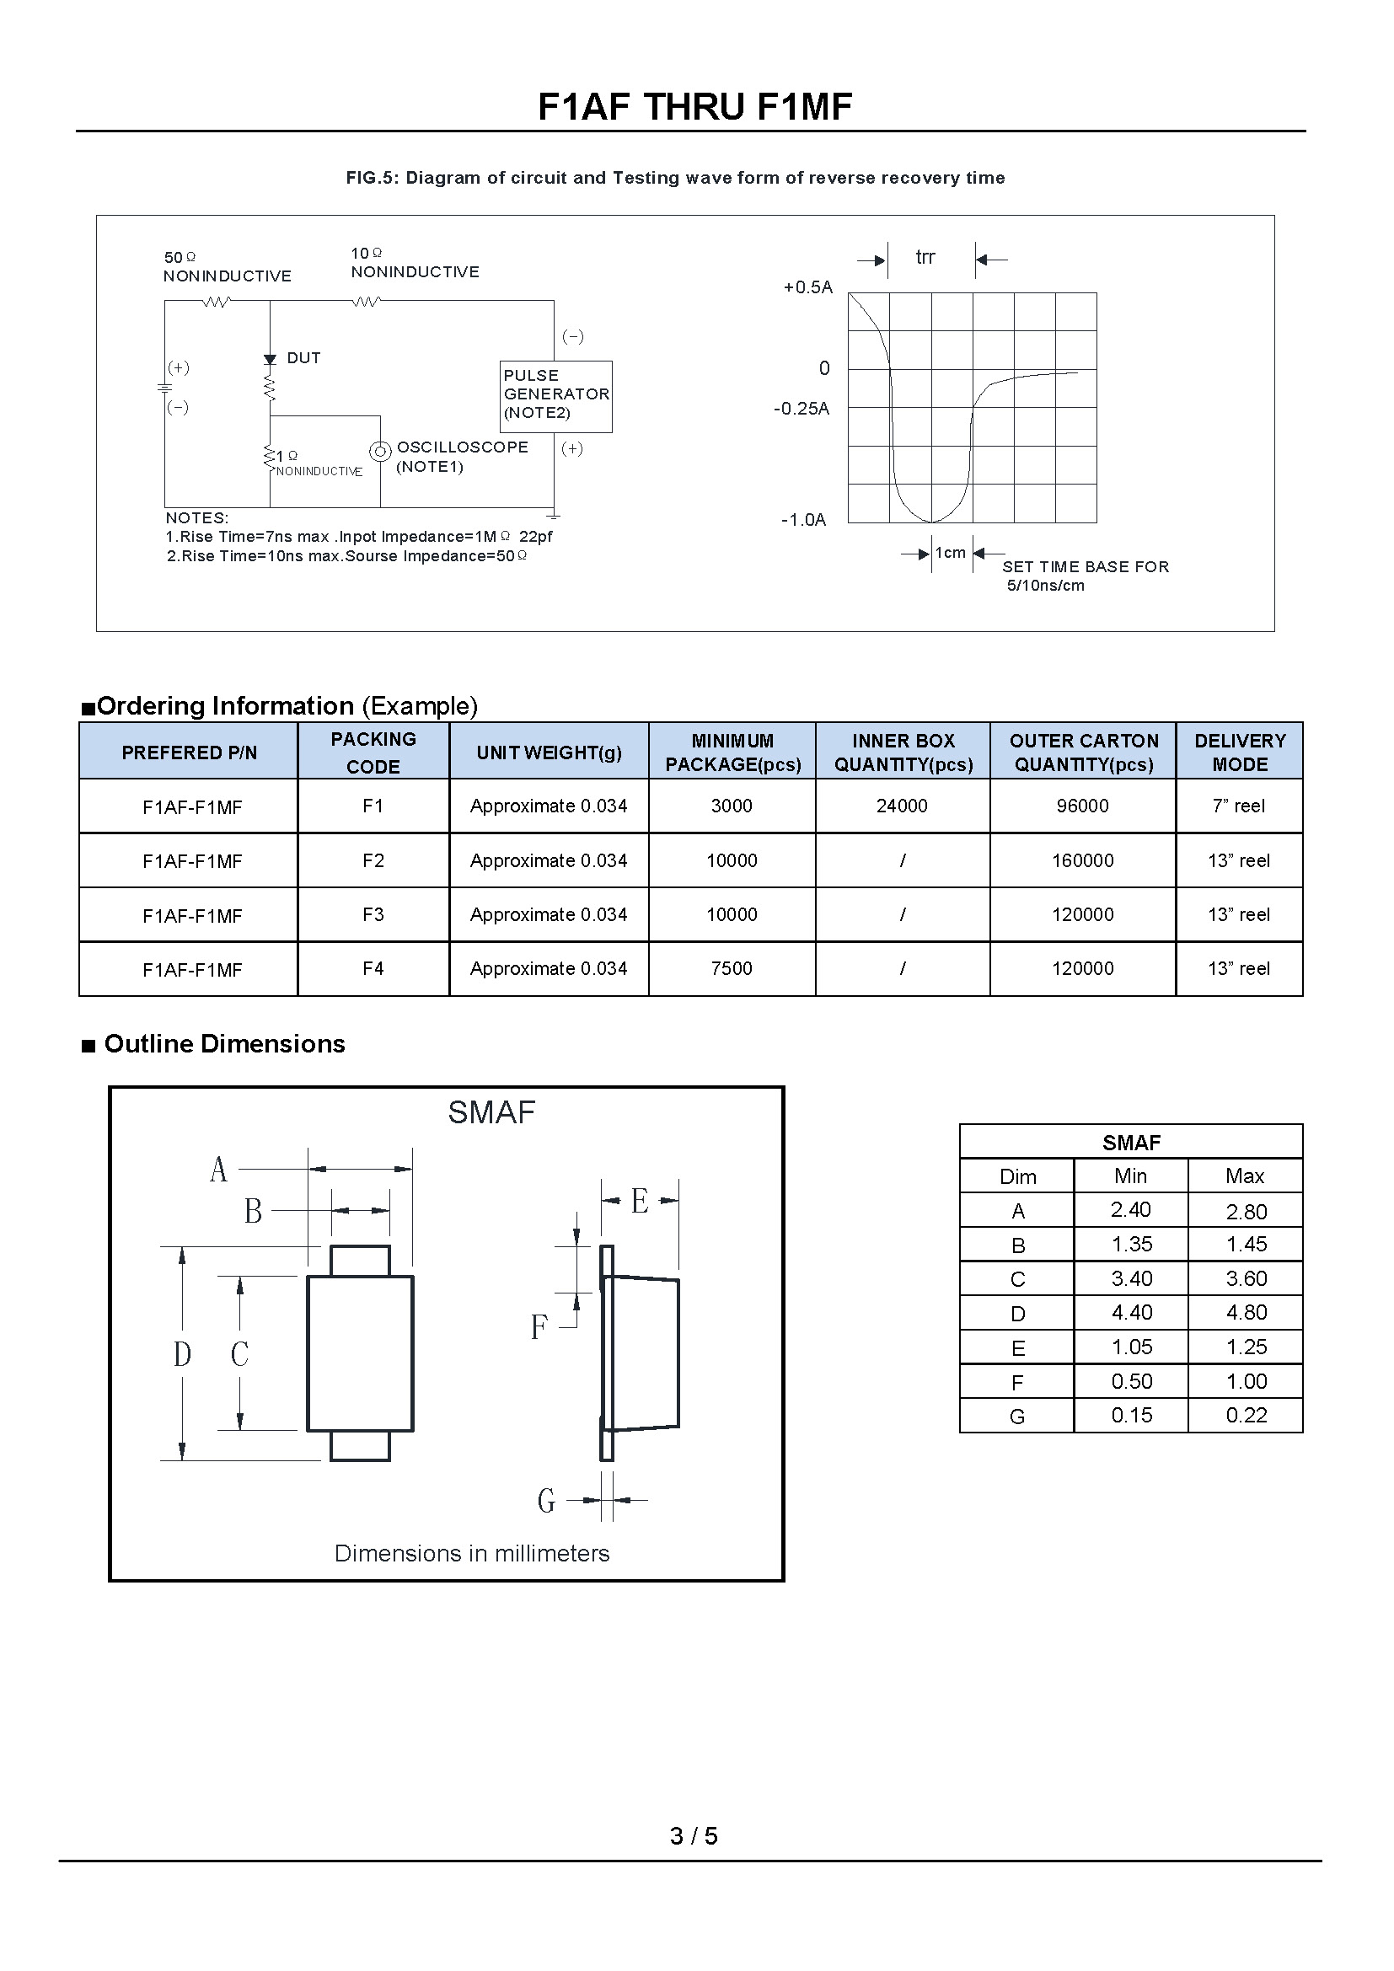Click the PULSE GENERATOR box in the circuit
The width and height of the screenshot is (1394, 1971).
tap(556, 396)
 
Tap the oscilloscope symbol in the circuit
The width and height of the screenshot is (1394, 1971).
tap(379, 451)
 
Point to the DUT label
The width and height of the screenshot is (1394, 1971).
tap(303, 358)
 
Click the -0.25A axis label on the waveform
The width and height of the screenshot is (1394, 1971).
tap(801, 409)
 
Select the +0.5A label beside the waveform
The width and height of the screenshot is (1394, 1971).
tap(807, 287)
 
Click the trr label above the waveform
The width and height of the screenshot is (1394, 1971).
tap(925, 257)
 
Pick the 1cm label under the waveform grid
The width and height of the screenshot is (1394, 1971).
tap(950, 553)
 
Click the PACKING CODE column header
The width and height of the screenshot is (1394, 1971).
tap(373, 752)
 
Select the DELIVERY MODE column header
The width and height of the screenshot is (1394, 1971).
tap(1240, 752)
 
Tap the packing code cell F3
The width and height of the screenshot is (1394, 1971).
tap(373, 914)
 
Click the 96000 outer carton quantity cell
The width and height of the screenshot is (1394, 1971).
tap(1082, 806)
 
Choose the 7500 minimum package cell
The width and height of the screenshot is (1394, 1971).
tap(732, 968)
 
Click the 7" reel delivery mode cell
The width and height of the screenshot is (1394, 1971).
tap(1239, 806)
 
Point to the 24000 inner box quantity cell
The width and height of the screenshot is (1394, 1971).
tap(901, 806)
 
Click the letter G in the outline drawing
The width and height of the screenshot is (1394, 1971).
tap(546, 1500)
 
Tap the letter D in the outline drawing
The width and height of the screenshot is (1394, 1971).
tap(182, 1355)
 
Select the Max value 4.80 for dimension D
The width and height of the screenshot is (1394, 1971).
tap(1247, 1313)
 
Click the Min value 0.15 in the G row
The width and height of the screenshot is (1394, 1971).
tap(1131, 1416)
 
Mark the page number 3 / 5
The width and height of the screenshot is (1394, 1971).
tap(694, 1835)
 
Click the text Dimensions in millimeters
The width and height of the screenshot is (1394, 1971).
tap(472, 1553)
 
